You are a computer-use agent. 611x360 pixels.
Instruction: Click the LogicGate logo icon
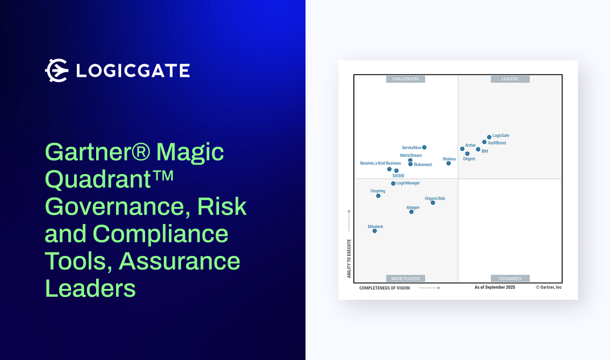click(56, 70)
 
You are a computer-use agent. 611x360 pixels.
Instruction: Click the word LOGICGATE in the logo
click(133, 71)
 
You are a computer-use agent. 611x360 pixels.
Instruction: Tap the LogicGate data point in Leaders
click(489, 137)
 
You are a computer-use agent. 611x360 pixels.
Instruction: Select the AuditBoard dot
click(484, 142)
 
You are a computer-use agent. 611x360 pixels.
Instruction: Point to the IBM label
click(485, 151)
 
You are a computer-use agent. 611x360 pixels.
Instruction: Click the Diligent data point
click(467, 154)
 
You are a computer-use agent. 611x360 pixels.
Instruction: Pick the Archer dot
click(462, 149)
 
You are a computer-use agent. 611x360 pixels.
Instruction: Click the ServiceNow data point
click(424, 147)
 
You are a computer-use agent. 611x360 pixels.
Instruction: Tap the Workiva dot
click(448, 163)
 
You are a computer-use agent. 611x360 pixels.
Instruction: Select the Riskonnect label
click(423, 165)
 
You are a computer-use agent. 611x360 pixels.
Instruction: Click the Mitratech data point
click(374, 231)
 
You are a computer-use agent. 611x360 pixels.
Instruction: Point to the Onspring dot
click(378, 196)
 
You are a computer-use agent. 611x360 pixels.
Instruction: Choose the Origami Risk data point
click(433, 202)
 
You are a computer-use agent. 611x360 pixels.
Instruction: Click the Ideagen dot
click(411, 212)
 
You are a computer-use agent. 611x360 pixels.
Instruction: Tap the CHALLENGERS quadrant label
click(406, 79)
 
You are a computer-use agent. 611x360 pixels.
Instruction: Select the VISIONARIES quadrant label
click(510, 279)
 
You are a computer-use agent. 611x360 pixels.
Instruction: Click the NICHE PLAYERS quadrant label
click(406, 279)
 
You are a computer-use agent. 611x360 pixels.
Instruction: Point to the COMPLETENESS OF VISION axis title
click(385, 288)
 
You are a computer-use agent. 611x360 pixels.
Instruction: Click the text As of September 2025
click(494, 288)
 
